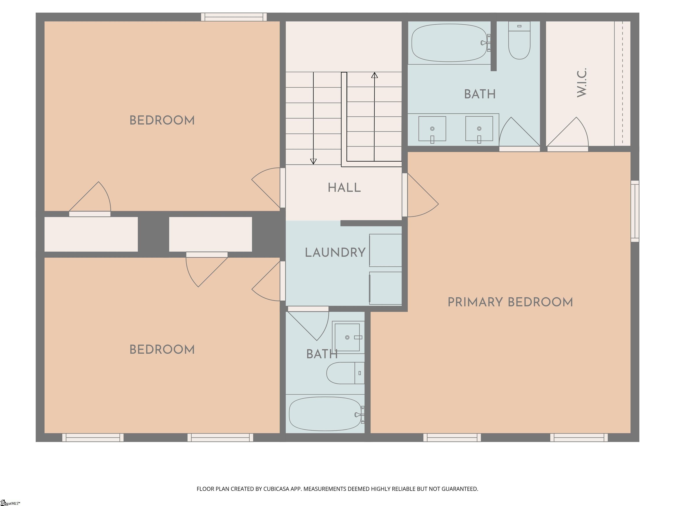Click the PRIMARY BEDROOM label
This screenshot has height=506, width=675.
(510, 302)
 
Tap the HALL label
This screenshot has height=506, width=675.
(344, 188)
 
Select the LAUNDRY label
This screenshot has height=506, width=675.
(335, 253)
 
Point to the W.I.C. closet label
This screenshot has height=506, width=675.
(582, 83)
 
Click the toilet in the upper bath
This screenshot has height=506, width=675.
(519, 40)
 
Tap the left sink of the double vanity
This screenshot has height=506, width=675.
(432, 129)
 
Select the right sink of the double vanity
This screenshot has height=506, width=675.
(479, 129)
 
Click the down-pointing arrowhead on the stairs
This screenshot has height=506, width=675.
(313, 162)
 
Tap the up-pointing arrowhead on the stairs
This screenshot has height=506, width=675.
(374, 75)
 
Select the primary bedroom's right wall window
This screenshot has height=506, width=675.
(635, 211)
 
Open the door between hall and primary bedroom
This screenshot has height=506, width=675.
(422, 195)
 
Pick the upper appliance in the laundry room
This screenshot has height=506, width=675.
(385, 250)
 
